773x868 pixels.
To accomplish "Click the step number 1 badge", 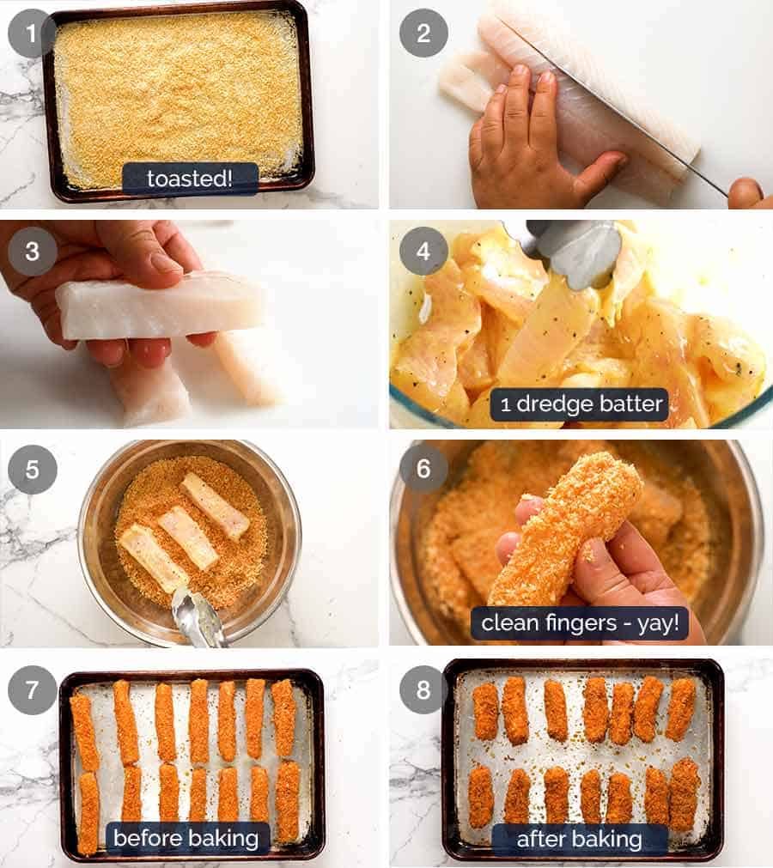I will tap(32, 33).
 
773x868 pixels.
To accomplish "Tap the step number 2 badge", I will tap(423, 33).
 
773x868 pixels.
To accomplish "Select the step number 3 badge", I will tap(32, 251).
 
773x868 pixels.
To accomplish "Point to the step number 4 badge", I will tap(423, 251).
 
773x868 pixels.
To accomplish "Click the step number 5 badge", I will tap(32, 470).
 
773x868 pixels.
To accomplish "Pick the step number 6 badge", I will tap(423, 470).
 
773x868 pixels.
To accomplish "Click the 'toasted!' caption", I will tap(190, 179).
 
